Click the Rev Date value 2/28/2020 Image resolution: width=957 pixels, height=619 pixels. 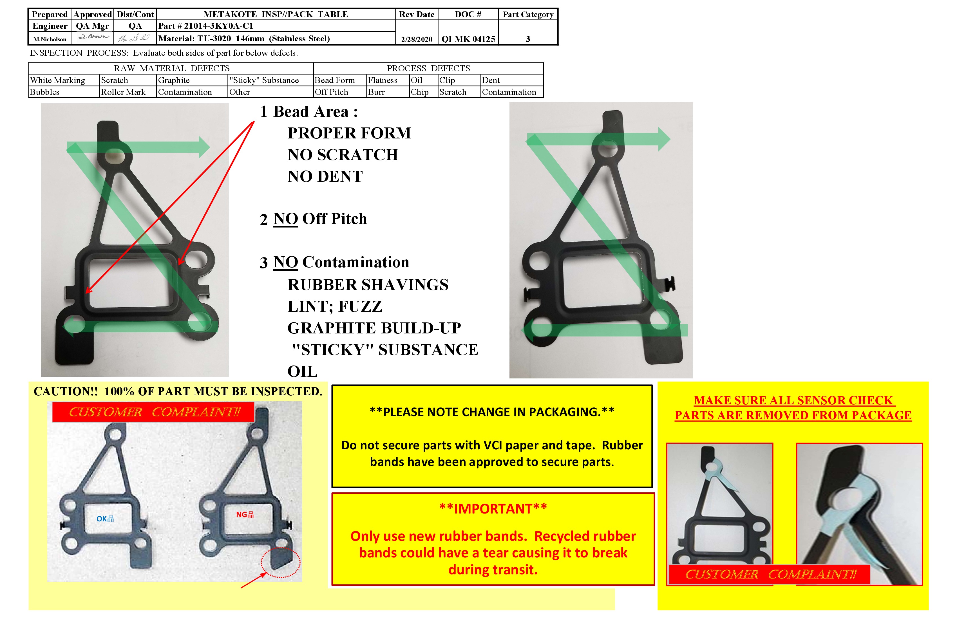pos(417,39)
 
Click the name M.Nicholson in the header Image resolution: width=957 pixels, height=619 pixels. pos(50,39)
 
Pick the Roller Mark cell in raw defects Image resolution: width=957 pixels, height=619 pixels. pos(123,92)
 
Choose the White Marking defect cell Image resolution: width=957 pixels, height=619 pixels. pos(57,80)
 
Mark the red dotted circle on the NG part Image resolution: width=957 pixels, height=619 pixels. pos(280,562)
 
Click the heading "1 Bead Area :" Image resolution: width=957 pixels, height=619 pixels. pos(309,112)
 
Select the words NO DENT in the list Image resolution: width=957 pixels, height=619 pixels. pos(325,176)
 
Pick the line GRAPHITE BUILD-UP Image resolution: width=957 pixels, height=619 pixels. pos(374,328)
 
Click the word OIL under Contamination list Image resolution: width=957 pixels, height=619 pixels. pos(302,371)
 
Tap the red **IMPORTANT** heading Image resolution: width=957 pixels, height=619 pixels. pos(493,509)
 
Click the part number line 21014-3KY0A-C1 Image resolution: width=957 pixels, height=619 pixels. pos(206,26)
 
